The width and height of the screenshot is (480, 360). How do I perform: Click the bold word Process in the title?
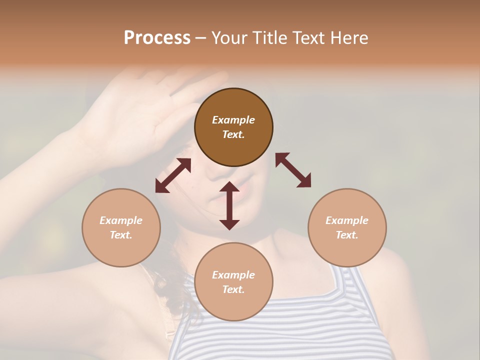pyautogui.click(x=157, y=38)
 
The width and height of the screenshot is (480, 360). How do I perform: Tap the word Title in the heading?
pyautogui.click(x=268, y=38)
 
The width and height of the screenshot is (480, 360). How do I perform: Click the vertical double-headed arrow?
pyautogui.click(x=229, y=205)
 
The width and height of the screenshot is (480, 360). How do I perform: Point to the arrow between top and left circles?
pyautogui.click(x=173, y=175)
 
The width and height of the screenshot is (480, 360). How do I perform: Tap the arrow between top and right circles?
pyautogui.click(x=293, y=170)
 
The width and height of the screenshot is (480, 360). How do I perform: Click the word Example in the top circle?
pyautogui.click(x=233, y=120)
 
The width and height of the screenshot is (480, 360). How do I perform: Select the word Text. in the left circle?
pyautogui.click(x=121, y=235)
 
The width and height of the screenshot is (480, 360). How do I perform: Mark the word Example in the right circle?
pyautogui.click(x=347, y=220)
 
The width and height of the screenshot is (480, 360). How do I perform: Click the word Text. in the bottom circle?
pyautogui.click(x=233, y=289)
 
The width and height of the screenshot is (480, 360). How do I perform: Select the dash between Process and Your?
pyautogui.click(x=200, y=38)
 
